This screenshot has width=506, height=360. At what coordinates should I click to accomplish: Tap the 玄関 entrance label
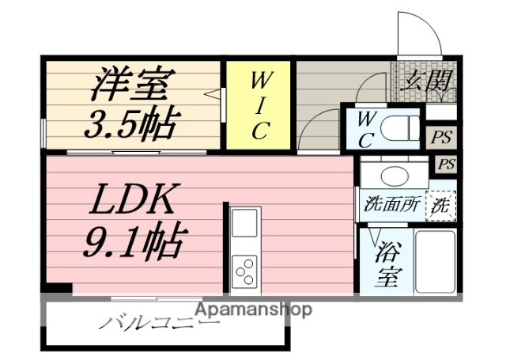pos(426,80)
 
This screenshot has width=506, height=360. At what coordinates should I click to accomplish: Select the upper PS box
pos(440,136)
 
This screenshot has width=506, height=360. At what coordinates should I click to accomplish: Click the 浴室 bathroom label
pos(385,264)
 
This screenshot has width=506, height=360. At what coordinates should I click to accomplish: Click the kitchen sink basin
pos(244,221)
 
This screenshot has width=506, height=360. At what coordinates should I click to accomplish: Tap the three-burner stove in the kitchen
pos(244,270)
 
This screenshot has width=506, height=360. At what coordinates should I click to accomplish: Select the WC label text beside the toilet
pos(365,129)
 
